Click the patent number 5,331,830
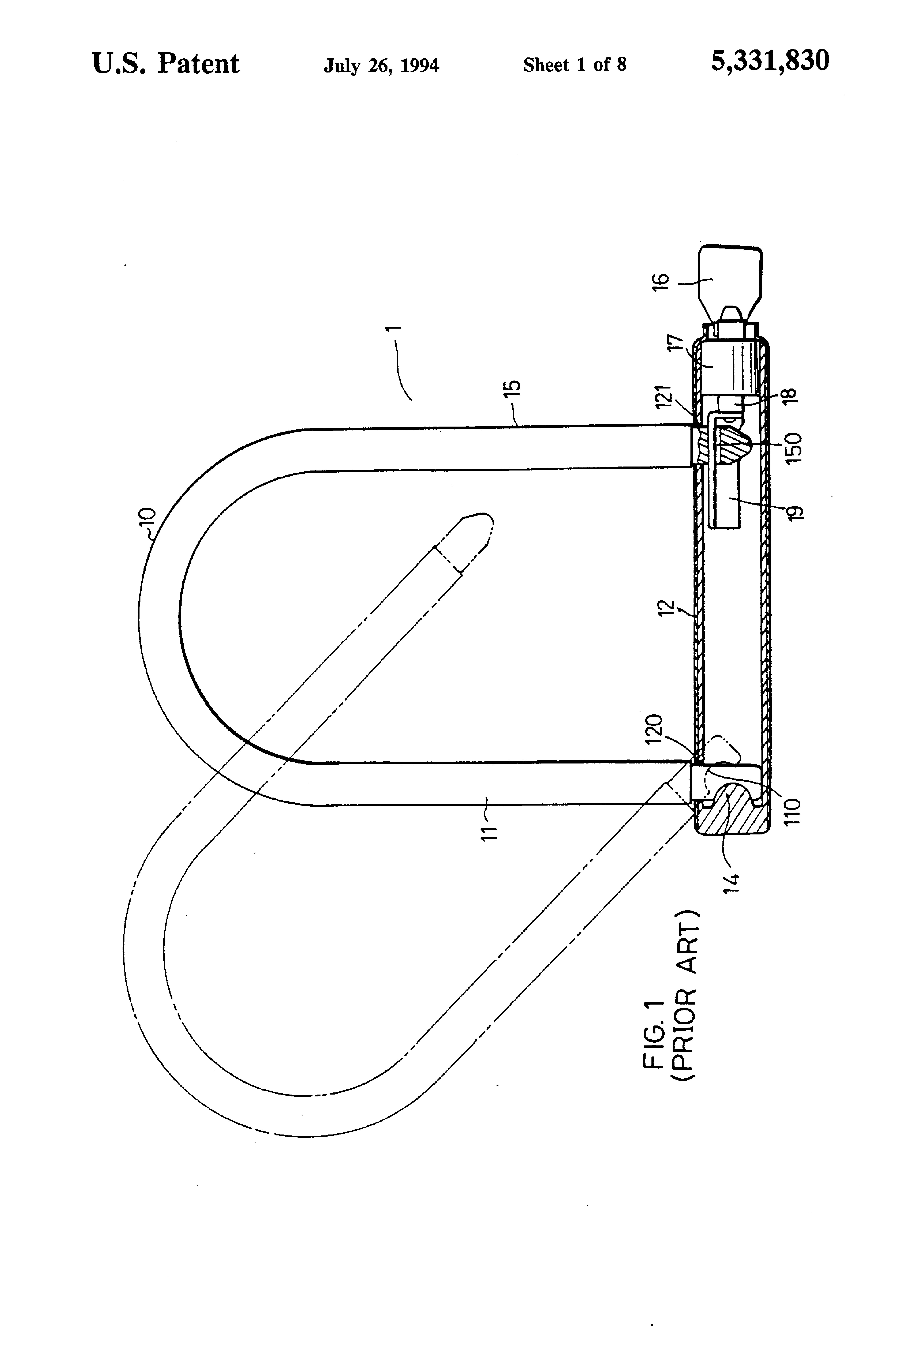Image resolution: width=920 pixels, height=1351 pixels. click(770, 61)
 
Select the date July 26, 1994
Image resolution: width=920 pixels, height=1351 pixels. click(381, 65)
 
